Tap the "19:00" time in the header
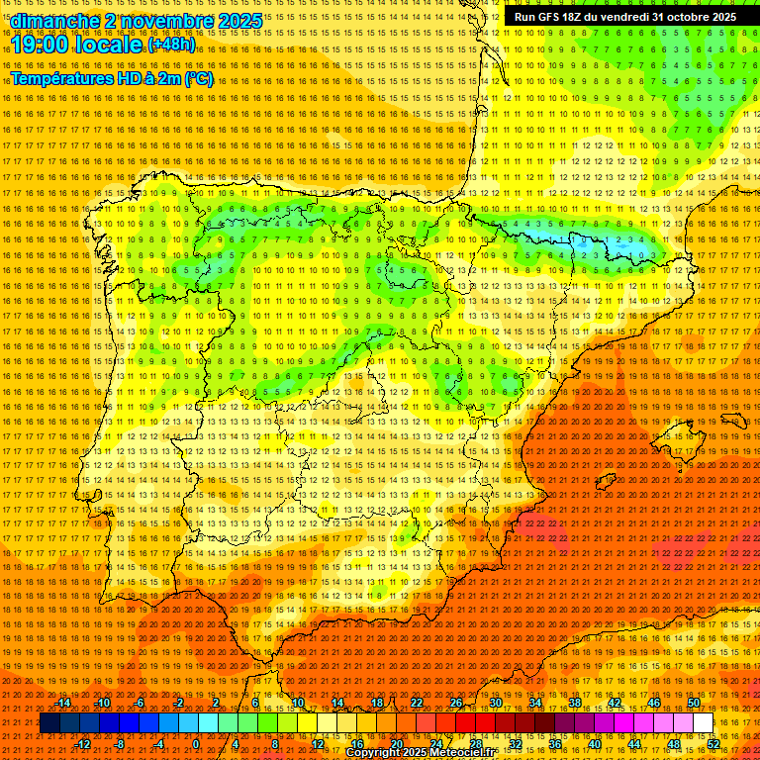(39, 46)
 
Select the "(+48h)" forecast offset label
(171, 45)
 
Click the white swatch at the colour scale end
(704, 723)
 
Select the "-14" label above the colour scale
(63, 703)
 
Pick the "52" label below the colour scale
(713, 744)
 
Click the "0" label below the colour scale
(196, 744)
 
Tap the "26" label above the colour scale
(456, 703)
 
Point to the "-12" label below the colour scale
(83, 744)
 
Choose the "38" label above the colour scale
(574, 703)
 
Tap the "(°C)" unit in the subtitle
(198, 79)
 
